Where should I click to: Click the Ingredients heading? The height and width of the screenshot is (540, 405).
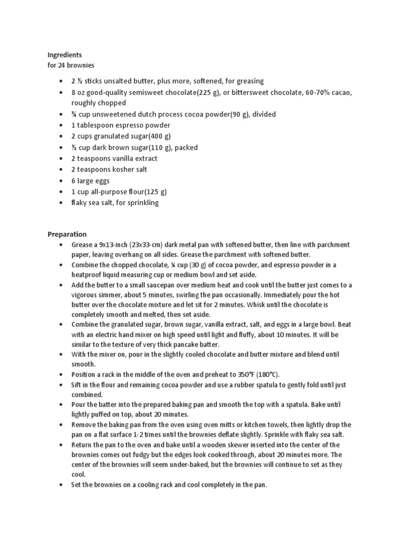pos(65,54)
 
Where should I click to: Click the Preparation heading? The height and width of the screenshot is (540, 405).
pos(67,234)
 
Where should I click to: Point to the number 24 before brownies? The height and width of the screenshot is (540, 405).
pos(62,65)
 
